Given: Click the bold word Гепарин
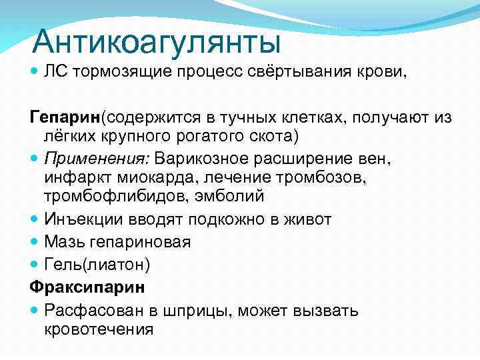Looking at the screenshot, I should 64,117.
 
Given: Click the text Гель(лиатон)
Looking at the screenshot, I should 97,265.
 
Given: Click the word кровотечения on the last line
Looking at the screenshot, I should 99,329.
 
